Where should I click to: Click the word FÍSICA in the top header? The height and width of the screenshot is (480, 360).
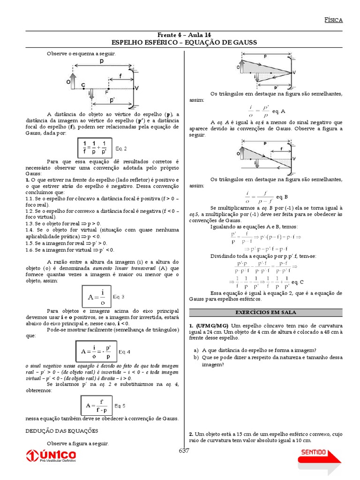click(x=334, y=20)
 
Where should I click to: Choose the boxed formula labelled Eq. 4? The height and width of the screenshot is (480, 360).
click(x=96, y=352)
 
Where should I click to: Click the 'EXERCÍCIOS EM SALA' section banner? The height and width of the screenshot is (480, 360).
click(x=265, y=312)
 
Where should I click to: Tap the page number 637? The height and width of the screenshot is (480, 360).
click(x=184, y=451)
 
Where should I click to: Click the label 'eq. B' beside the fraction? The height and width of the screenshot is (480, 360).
click(x=282, y=197)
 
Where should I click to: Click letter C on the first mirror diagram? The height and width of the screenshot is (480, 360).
click(x=83, y=85)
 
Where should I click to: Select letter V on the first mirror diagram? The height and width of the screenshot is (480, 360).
click(x=136, y=88)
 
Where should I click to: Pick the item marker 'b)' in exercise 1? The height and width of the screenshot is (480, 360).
click(x=196, y=357)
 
